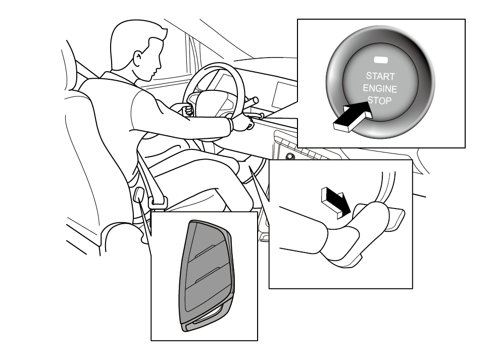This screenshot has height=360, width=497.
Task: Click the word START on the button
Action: point(380,76)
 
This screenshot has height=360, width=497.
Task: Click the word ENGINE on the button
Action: point(380,88)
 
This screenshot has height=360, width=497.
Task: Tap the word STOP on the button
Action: point(380,100)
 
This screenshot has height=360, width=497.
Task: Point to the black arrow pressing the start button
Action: point(353,116)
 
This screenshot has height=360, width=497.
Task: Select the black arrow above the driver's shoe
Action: point(336,202)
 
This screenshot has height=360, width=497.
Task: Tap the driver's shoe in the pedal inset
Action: point(355,234)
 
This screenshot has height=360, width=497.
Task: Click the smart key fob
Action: point(206,276)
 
